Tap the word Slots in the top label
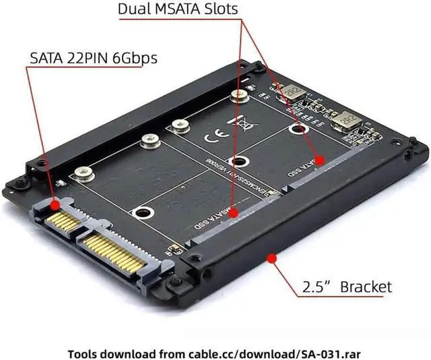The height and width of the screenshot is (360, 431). (217, 9)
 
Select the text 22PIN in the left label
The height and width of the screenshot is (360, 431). (91, 58)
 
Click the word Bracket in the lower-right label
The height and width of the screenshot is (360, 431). (366, 287)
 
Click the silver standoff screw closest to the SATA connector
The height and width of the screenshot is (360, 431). (84, 173)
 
